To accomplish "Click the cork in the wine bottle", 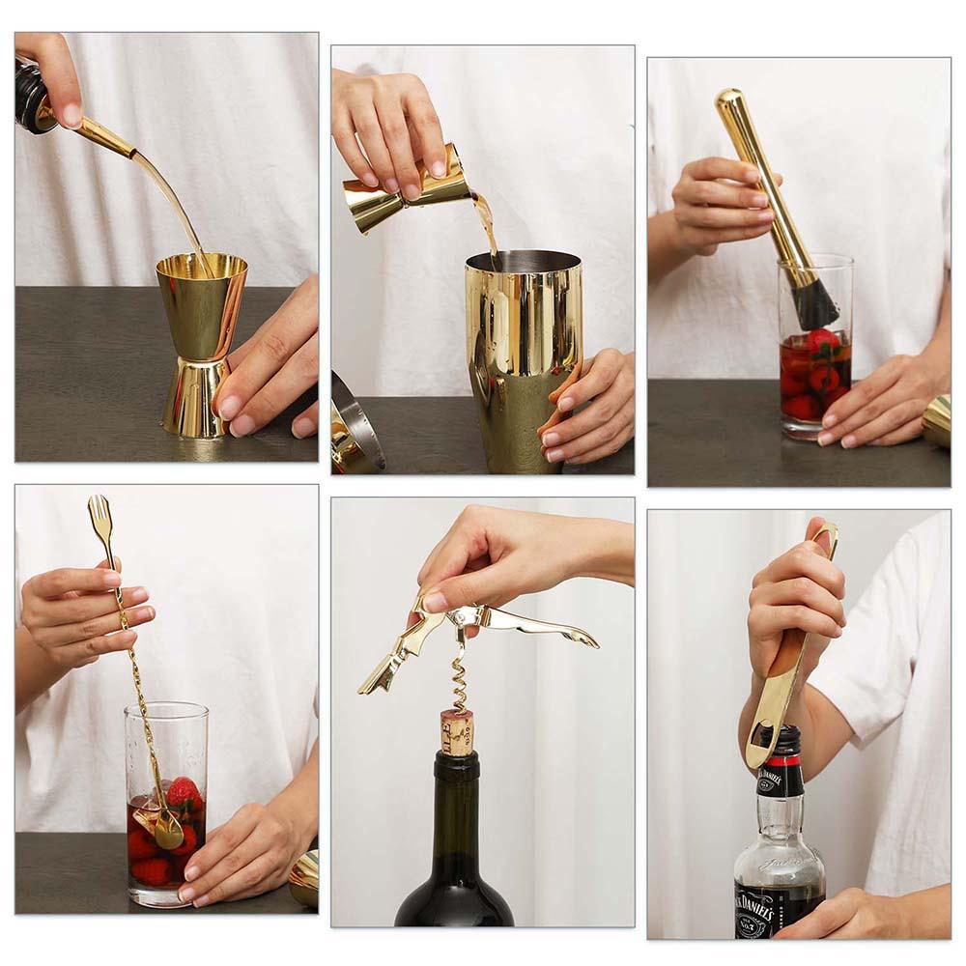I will [x=457, y=731].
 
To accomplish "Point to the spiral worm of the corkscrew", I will [x=460, y=676].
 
